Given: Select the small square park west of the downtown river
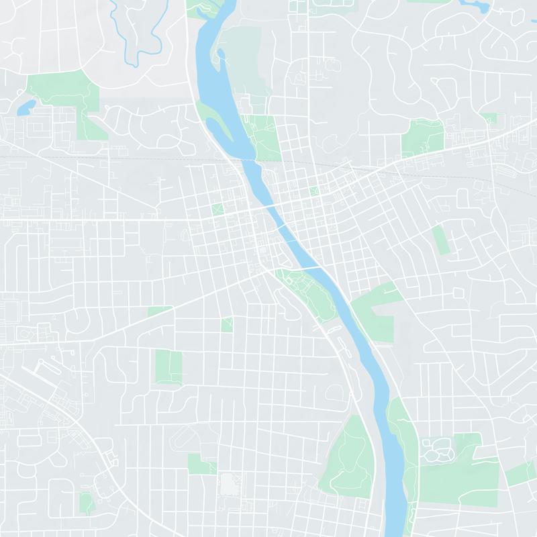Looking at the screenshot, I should coord(217,209).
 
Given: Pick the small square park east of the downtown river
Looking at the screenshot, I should coord(313,191).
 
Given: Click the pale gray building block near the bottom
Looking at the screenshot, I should coord(229,483).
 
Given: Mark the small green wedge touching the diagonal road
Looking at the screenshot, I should coord(159,311).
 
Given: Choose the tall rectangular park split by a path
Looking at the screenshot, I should coord(168,365).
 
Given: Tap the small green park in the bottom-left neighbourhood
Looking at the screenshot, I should coord(86,502).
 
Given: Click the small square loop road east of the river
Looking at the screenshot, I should coord(458,295).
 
